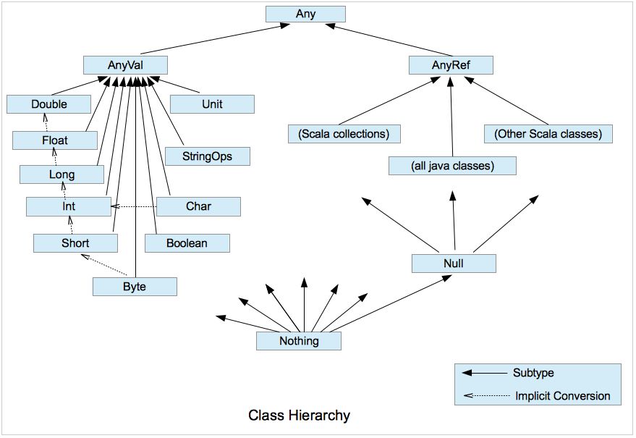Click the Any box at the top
pyautogui.click(x=305, y=14)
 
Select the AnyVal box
pyautogui.click(x=126, y=65)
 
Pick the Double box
pyautogui.click(x=49, y=104)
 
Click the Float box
pyautogui.click(x=55, y=139)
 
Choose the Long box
pyautogui.click(x=62, y=174)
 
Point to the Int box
pyautogui.click(x=68, y=207)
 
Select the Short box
pyautogui.click(x=75, y=243)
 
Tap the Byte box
pyautogui.click(x=135, y=287)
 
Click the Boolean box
pyautogui.click(x=187, y=243)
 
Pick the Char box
pyautogui.click(x=198, y=206)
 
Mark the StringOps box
pyautogui.click(x=208, y=156)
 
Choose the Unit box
pyautogui.click(x=212, y=104)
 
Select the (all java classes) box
pyautogui.click(x=452, y=166)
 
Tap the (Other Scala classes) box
pyautogui.click(x=547, y=133)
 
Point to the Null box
pyautogui.click(x=454, y=264)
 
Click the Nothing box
pyautogui.click(x=299, y=341)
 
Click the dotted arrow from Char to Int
pyautogui.click(x=135, y=207)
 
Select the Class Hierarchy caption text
pyautogui.click(x=299, y=416)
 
